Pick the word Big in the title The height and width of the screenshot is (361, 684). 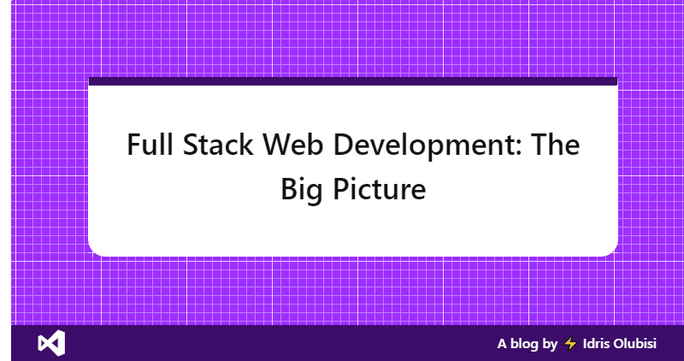pyautogui.click(x=299, y=189)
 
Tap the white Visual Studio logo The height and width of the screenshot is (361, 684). pyautogui.click(x=51, y=343)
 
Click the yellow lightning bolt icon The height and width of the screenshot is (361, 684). pyautogui.click(x=571, y=344)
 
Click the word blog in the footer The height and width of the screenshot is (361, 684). pyautogui.click(x=526, y=344)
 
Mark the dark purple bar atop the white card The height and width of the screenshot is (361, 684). pyautogui.click(x=352, y=81)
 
